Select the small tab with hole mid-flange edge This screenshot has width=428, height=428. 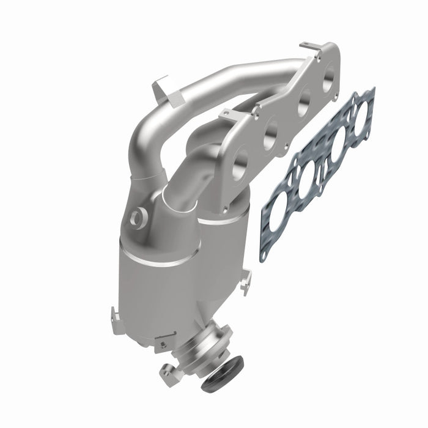tap(227, 114)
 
